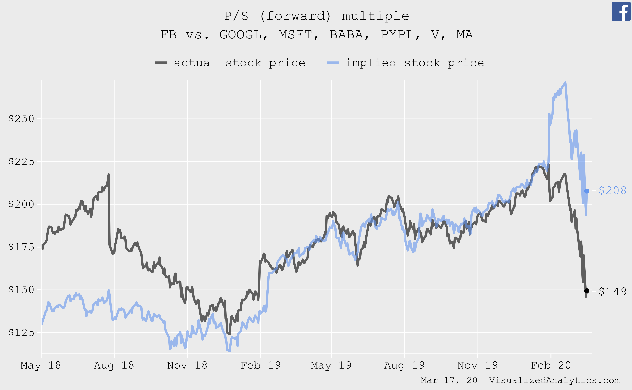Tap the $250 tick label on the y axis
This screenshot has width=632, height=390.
pos(21,119)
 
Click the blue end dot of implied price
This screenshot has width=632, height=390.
pos(586,191)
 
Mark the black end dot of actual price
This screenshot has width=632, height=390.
pos(586,291)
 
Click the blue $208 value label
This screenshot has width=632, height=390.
pos(612,191)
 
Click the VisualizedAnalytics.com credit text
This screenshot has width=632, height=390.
pos(554,380)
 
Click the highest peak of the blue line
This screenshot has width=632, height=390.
pos(565,83)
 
